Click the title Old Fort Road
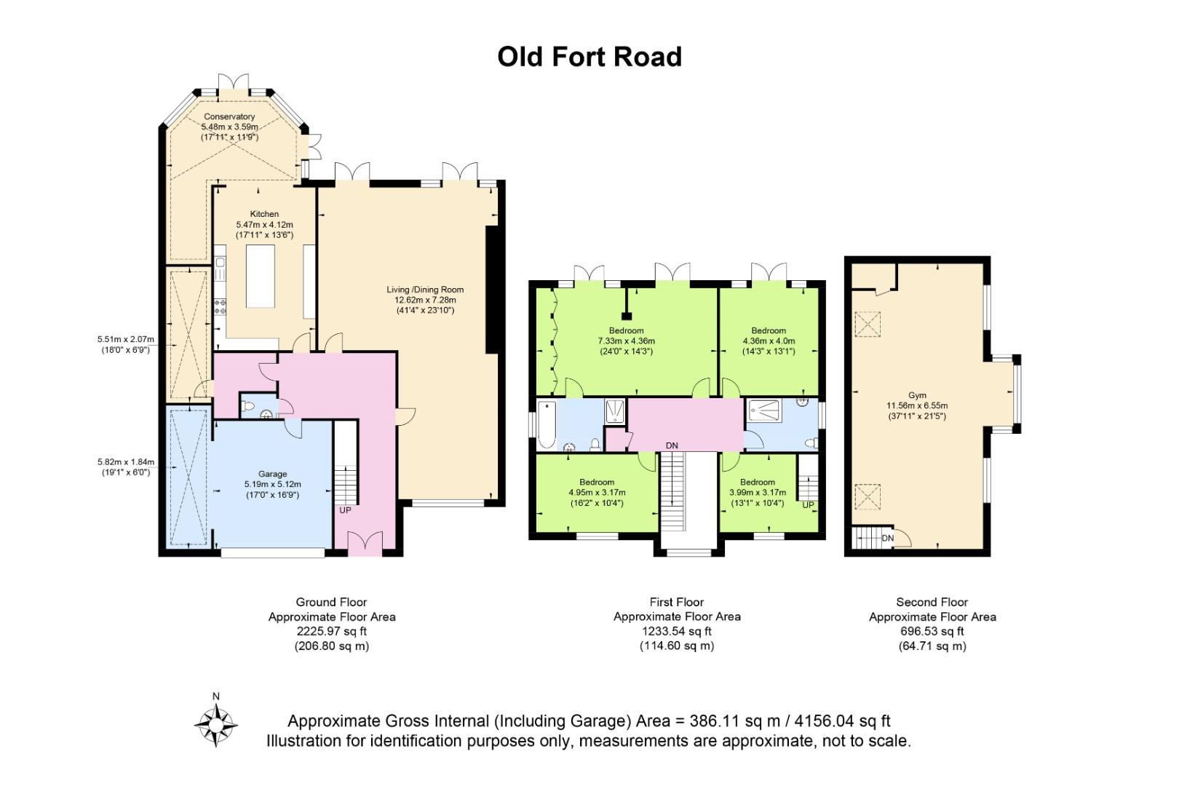(x=589, y=57)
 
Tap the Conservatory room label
(x=229, y=117)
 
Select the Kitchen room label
(x=264, y=214)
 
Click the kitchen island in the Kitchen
(x=261, y=276)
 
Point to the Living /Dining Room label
(x=425, y=290)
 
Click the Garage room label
(x=273, y=474)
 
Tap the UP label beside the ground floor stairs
(x=345, y=511)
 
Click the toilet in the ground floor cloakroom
(x=247, y=406)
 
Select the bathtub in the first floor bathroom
(x=547, y=425)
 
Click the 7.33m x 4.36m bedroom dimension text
(x=627, y=341)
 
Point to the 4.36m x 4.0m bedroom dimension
(x=769, y=341)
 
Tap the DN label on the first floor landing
(x=672, y=446)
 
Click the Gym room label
(x=918, y=395)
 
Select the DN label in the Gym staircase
(x=887, y=538)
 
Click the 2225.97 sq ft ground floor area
(x=332, y=631)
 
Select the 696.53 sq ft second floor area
(x=932, y=631)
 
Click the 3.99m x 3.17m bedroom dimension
(x=758, y=493)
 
